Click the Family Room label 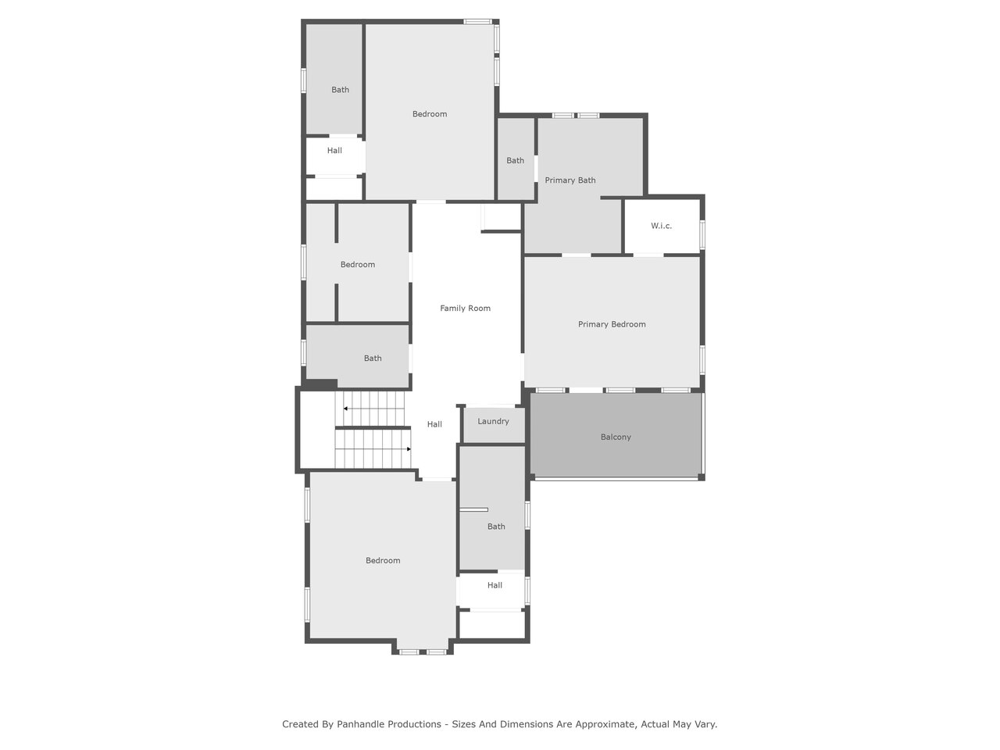(465, 309)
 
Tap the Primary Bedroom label (612, 324)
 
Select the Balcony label (616, 437)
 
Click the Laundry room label (494, 421)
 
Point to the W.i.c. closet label (661, 226)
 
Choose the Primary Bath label (570, 180)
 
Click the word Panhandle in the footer (389, 724)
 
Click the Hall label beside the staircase (434, 424)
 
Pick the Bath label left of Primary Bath (516, 161)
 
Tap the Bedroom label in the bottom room (383, 561)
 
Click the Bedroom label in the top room (430, 114)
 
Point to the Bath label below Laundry (496, 527)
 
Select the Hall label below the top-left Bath (334, 151)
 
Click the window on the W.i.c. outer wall (702, 234)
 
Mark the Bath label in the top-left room (341, 90)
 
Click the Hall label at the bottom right (495, 586)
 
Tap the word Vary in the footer (705, 724)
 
